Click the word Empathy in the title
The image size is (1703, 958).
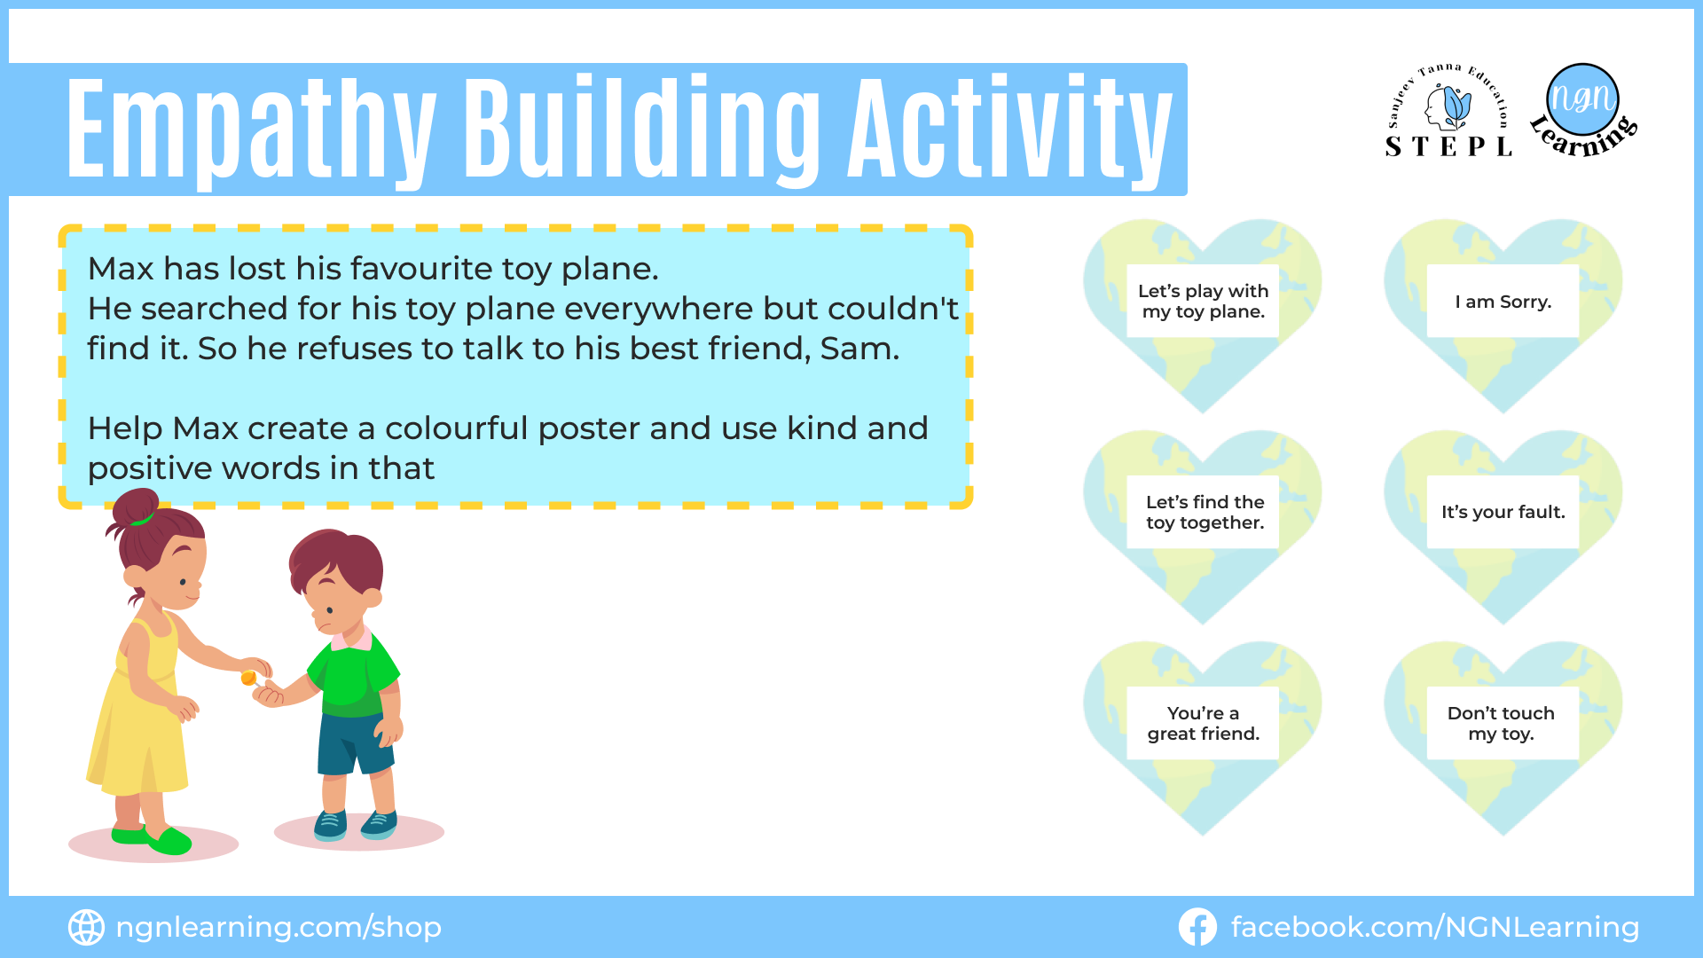(x=252, y=130)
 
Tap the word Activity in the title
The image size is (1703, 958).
(x=1010, y=130)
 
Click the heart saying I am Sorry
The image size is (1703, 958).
(x=1503, y=315)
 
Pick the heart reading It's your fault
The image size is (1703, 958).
(x=1503, y=526)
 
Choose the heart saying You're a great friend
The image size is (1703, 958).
(x=1203, y=737)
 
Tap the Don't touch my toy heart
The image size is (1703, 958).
(x=1503, y=737)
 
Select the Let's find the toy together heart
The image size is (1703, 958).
(x=1203, y=526)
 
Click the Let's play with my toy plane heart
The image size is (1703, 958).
(x=1203, y=315)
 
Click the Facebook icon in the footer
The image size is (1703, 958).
(x=1197, y=927)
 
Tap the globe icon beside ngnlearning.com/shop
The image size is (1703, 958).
(x=86, y=927)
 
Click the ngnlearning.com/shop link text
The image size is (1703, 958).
(x=279, y=927)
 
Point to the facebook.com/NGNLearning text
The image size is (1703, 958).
(x=1434, y=927)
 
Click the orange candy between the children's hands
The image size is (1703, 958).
(x=249, y=679)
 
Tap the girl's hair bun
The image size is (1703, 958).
(x=133, y=507)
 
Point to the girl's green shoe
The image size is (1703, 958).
(x=169, y=840)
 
